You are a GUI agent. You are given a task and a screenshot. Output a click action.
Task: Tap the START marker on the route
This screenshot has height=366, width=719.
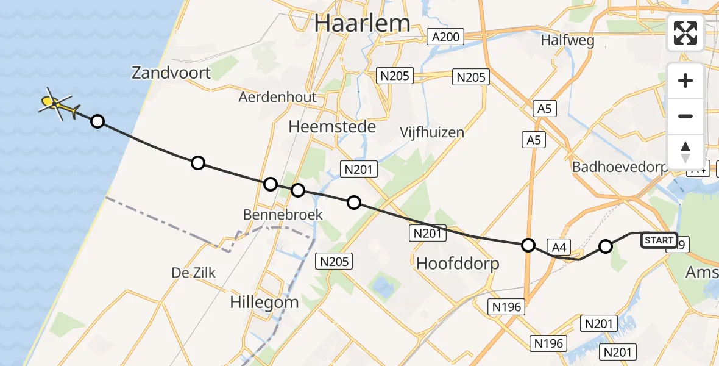(x=659, y=240)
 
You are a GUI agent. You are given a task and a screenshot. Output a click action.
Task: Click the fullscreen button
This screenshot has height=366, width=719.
(x=685, y=33)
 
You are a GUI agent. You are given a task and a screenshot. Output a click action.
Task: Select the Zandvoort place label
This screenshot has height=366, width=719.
(x=171, y=73)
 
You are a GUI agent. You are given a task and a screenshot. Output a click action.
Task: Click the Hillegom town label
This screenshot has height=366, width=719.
(x=264, y=301)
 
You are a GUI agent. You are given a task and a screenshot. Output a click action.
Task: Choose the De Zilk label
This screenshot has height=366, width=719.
(x=193, y=273)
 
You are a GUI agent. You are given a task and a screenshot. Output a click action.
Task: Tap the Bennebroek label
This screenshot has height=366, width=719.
(x=282, y=215)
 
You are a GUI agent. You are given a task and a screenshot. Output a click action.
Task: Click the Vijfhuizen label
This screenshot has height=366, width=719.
(x=431, y=132)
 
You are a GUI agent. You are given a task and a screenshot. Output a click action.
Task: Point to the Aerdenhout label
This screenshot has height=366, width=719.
(x=277, y=97)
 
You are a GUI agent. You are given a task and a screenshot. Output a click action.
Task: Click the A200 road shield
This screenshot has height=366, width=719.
(x=445, y=37)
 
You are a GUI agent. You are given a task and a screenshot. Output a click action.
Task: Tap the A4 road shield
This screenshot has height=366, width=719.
(x=560, y=246)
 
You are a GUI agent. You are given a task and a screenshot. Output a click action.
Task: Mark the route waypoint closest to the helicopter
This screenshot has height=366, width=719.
(x=97, y=121)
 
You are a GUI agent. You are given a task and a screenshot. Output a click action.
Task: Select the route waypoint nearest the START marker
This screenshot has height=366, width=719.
(x=605, y=246)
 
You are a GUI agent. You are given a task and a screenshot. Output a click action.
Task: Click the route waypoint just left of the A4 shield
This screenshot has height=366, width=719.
(x=528, y=245)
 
